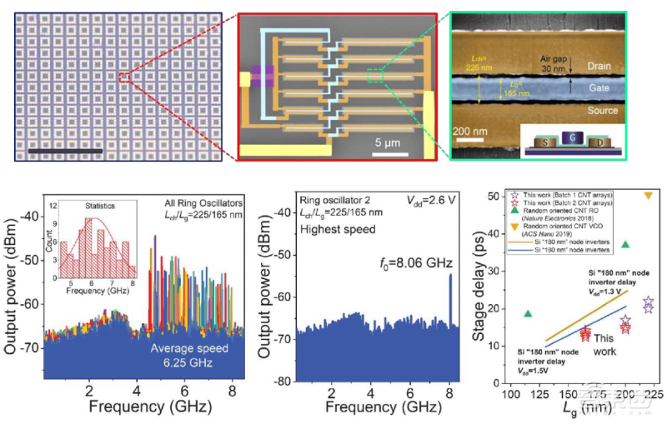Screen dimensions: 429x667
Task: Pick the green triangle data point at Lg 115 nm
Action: click(527, 313)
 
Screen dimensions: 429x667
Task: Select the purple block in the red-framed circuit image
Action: click(264, 77)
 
